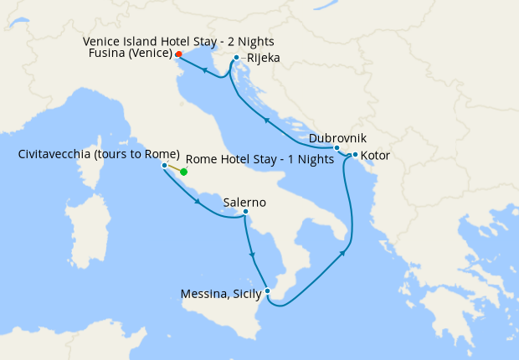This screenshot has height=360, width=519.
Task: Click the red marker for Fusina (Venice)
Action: [x=179, y=54]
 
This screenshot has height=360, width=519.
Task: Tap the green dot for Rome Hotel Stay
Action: [x=184, y=172]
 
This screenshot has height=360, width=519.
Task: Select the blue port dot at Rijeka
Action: [x=237, y=58]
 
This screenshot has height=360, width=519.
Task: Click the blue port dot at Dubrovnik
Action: [x=337, y=148]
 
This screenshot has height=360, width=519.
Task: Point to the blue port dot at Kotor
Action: [x=355, y=155]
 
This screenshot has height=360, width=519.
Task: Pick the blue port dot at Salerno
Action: [x=244, y=212]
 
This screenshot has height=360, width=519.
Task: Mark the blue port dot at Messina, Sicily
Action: [x=267, y=291]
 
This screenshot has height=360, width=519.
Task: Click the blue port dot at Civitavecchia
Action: [x=164, y=165]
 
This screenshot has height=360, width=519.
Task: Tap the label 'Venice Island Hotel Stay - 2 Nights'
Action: [x=178, y=41]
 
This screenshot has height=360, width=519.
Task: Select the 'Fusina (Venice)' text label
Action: [x=129, y=54]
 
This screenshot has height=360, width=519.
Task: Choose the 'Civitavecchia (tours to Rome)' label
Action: [x=99, y=154]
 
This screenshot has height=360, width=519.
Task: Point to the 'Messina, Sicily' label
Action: [x=221, y=294]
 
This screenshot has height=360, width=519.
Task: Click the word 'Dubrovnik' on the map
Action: [x=337, y=137]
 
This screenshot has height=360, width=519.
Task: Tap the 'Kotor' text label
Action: [x=375, y=156]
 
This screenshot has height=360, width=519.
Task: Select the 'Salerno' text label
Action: [x=244, y=202]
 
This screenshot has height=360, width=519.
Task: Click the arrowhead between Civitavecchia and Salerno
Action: [x=198, y=202]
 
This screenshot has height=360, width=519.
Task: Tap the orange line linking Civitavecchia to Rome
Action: [x=174, y=168]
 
